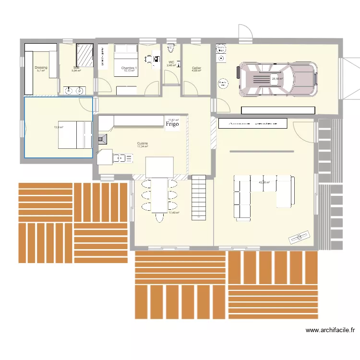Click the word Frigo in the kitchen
(172, 124)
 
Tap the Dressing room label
(41, 68)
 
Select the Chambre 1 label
(129, 68)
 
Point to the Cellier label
(196, 68)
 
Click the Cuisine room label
(142, 144)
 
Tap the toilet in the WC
(171, 48)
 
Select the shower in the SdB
(85, 54)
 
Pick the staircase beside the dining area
(199, 197)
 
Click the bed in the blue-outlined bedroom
(75, 134)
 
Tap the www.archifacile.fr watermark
(330, 330)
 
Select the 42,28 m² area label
(264, 182)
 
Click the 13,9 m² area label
(59, 127)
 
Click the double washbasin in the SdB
(73, 89)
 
